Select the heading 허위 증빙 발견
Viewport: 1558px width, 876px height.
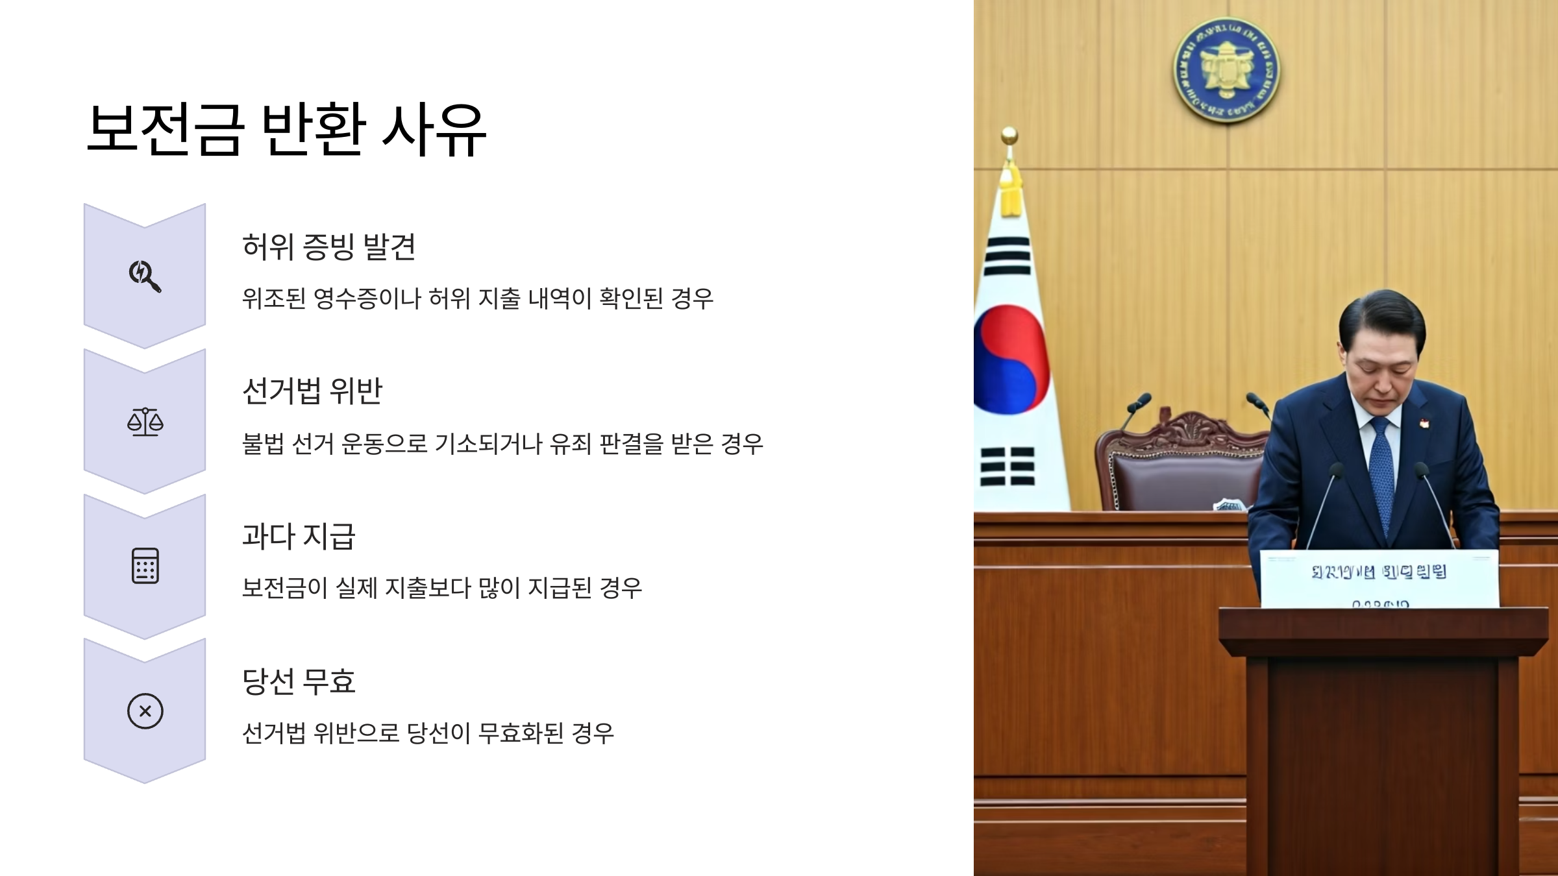[328, 247]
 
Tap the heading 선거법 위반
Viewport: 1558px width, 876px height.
[312, 391]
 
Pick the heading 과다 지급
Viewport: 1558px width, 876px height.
[298, 536]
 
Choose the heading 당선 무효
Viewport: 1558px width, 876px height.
[298, 681]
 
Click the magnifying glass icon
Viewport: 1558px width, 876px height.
[145, 276]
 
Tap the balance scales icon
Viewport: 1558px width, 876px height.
[145, 422]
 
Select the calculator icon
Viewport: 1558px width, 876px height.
[145, 566]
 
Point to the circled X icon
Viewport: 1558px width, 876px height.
[145, 711]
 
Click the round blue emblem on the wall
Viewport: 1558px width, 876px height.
[1226, 70]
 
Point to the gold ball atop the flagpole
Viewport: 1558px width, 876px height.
[1009, 135]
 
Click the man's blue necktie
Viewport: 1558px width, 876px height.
[1381, 474]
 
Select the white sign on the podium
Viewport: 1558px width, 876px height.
[1379, 578]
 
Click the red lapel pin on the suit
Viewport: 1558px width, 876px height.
[1424, 423]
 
